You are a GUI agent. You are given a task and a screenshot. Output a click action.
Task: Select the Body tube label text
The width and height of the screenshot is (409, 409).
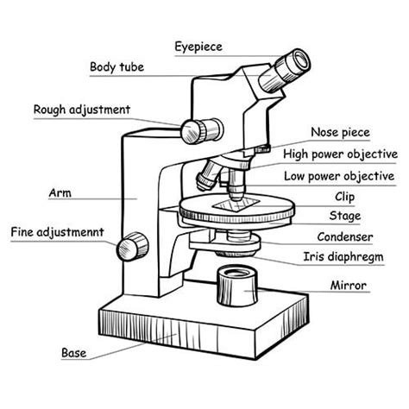coord(116,66)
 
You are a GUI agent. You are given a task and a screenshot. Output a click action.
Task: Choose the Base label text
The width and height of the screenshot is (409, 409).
coord(73,352)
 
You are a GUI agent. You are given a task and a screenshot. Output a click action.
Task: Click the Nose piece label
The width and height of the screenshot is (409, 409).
coord(340,132)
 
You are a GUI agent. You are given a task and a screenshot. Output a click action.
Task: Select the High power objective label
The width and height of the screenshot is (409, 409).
coord(340,154)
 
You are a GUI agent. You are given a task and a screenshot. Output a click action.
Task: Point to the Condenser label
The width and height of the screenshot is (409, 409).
coord(344,236)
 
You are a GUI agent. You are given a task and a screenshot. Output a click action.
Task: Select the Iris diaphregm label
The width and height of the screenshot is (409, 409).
coord(343,256)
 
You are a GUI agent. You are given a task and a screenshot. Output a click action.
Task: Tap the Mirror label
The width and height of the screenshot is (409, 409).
coord(349,285)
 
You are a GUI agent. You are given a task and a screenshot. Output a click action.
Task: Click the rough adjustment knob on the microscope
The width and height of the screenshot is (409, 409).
coord(193,129)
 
